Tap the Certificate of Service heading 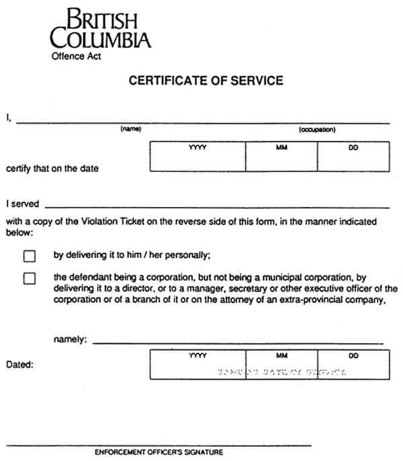click(x=206, y=81)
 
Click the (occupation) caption click(x=317, y=129)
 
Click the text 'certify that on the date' click(x=52, y=169)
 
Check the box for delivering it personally click(x=29, y=256)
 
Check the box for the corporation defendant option click(x=29, y=278)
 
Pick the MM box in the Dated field click(x=281, y=364)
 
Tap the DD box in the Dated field click(x=353, y=364)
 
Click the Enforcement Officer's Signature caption click(x=159, y=452)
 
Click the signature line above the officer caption click(x=159, y=444)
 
